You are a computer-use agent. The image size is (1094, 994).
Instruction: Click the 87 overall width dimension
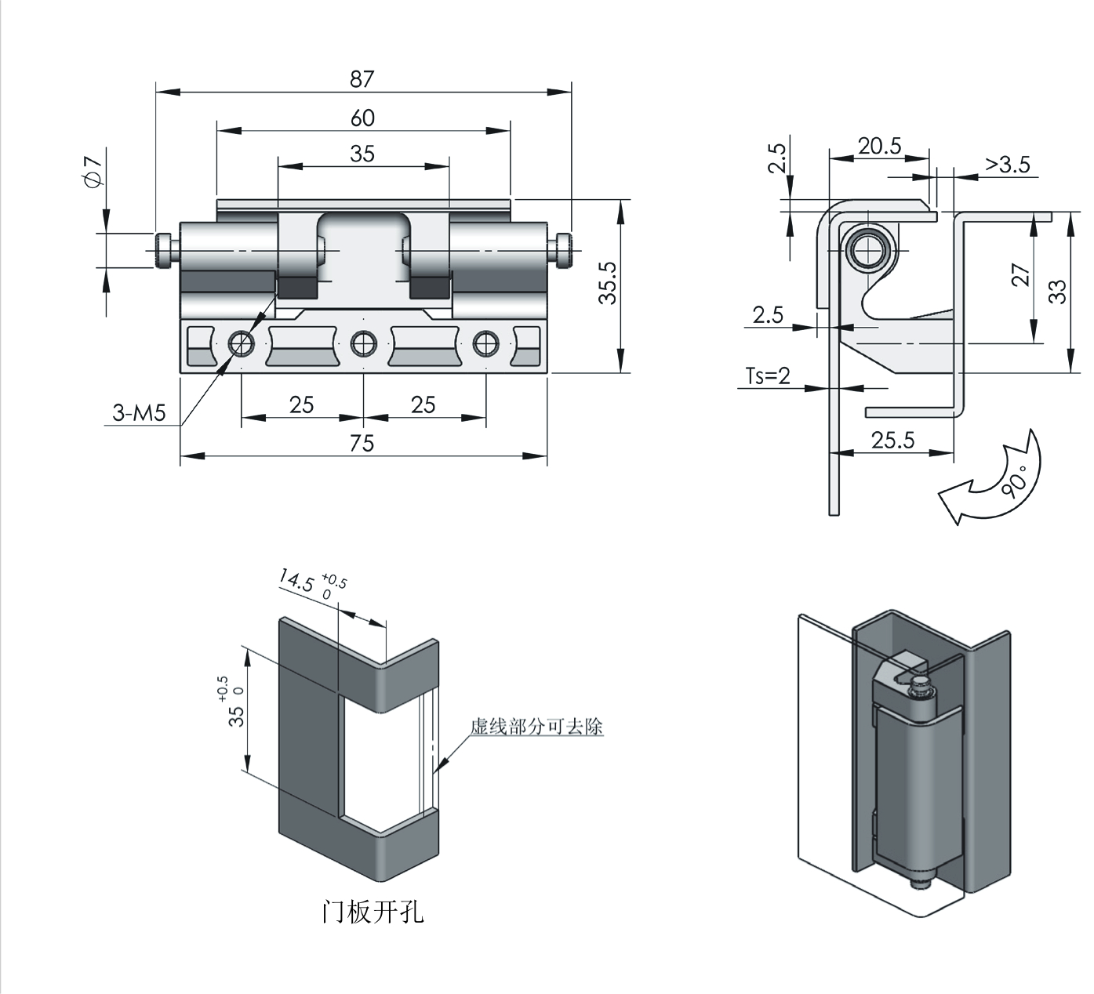(362, 79)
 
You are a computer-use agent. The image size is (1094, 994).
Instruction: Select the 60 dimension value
(362, 118)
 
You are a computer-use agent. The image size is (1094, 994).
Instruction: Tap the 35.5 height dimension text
(609, 283)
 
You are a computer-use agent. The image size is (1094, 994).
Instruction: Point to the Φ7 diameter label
(93, 172)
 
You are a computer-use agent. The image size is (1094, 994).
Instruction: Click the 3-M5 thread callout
(139, 413)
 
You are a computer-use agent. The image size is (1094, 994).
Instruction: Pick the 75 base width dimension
(362, 444)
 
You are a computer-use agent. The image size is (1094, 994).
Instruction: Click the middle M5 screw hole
(363, 343)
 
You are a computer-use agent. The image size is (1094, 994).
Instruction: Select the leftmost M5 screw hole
(241, 343)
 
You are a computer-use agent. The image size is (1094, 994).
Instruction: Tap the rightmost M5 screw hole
(485, 343)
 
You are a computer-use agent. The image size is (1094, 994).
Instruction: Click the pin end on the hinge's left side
(165, 249)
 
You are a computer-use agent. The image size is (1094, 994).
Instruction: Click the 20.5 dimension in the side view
(879, 147)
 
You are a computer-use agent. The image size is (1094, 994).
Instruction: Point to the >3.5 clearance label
(1008, 165)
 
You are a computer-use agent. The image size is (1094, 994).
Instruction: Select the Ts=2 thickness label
(768, 376)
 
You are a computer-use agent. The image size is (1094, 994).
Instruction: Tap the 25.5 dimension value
(893, 440)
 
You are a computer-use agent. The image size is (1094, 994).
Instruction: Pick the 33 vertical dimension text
(1058, 292)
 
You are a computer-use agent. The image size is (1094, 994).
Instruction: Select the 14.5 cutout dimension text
(296, 582)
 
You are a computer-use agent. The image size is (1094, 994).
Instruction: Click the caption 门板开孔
(373, 912)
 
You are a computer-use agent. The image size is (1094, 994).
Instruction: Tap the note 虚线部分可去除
(536, 727)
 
